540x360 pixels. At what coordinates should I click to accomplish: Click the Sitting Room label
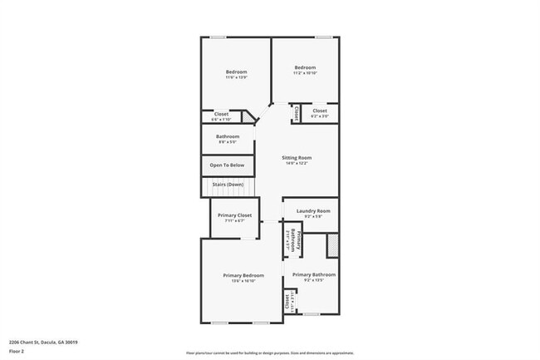(297, 157)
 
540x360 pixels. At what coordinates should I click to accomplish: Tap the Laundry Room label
(312, 211)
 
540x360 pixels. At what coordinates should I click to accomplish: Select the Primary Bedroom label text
(243, 274)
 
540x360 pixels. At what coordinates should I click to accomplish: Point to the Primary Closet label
(234, 215)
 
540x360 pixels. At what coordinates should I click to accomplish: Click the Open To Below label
(227, 165)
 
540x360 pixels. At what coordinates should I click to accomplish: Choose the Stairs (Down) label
(227, 184)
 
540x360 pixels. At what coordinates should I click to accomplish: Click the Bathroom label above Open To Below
(228, 136)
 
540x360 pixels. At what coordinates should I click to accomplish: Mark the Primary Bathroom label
(314, 274)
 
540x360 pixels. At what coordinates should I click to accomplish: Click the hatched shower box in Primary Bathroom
(333, 245)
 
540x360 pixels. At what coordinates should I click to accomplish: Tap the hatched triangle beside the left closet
(248, 118)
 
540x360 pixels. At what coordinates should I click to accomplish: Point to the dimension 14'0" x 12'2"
(297, 163)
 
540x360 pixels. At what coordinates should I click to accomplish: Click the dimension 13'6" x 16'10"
(243, 280)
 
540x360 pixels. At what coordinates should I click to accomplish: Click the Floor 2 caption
(17, 350)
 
